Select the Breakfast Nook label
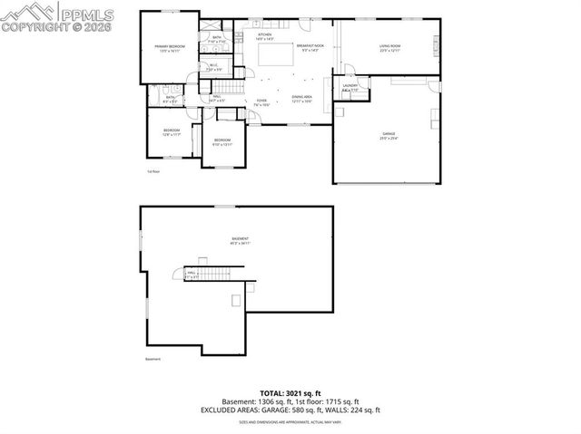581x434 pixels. point(310,47)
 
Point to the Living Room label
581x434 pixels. point(390,47)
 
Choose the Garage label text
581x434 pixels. point(388,137)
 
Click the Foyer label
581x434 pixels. point(261,102)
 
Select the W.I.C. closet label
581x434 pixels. point(213,67)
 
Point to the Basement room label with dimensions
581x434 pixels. point(240,241)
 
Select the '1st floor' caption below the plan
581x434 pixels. point(153,170)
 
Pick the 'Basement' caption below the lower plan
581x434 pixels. point(153,360)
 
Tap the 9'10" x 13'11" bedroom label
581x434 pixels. point(222,142)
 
